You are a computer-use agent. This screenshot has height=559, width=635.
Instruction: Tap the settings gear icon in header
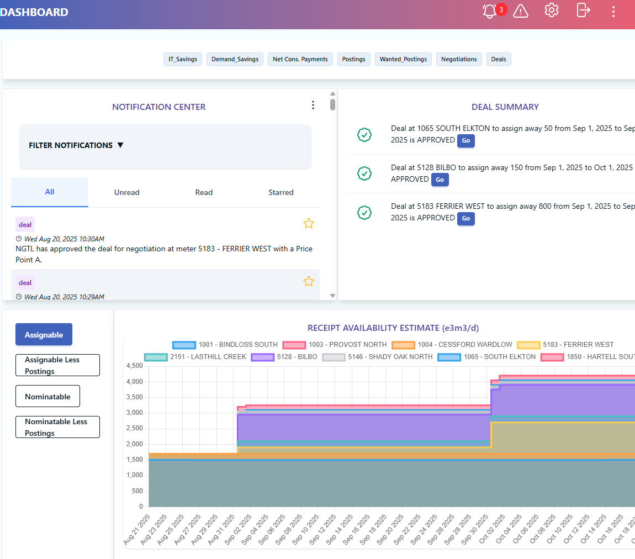(551, 10)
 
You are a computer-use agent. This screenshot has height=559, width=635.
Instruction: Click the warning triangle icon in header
(521, 10)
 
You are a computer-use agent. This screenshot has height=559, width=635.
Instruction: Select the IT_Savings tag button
(183, 59)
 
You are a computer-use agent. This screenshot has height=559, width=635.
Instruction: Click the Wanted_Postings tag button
(403, 59)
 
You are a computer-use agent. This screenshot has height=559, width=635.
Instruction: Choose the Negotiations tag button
(459, 59)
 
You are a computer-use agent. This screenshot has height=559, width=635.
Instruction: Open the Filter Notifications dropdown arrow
(120, 145)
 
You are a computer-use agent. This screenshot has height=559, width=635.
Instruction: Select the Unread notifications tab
(126, 192)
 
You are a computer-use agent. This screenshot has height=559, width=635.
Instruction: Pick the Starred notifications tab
(281, 192)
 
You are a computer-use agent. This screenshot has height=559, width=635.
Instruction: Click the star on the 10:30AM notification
(308, 224)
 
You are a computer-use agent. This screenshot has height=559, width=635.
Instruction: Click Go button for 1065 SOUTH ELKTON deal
(465, 140)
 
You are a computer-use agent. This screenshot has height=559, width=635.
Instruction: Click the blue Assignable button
(44, 335)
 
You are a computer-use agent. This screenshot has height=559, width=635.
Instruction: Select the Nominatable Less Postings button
(57, 427)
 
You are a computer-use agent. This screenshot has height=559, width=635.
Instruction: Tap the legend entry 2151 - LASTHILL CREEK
(195, 357)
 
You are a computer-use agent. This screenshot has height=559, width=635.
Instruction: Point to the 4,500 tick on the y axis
(134, 366)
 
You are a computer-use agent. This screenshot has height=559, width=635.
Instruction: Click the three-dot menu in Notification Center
(313, 105)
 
